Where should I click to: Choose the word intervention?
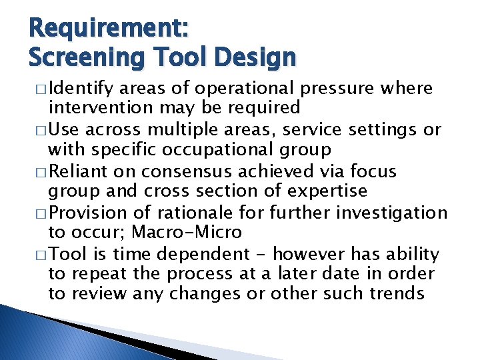[101, 107]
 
